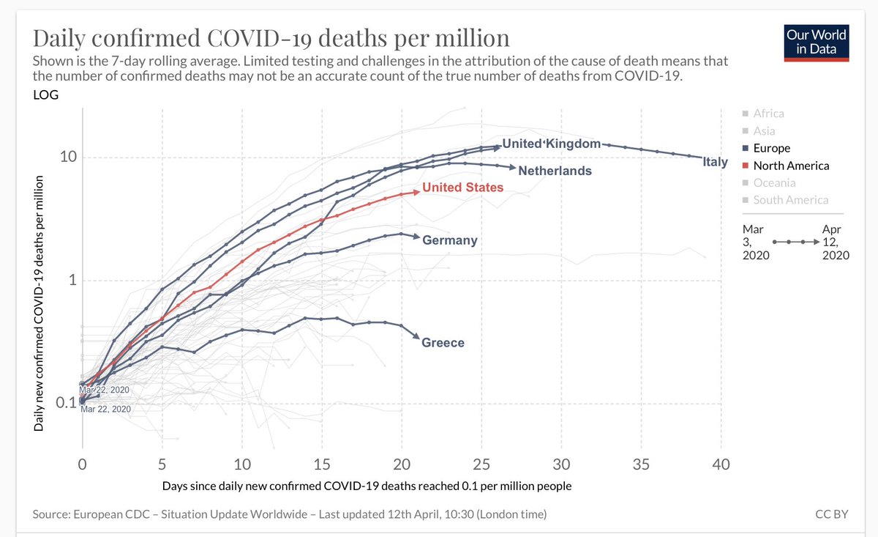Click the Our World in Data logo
(x=815, y=42)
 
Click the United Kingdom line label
(x=551, y=144)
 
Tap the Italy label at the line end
(x=715, y=162)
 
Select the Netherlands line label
(x=555, y=171)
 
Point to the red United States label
(x=463, y=188)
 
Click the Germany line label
(x=450, y=240)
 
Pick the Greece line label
(x=443, y=342)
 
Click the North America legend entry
(x=791, y=166)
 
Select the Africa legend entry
(x=768, y=114)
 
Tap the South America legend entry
(x=791, y=200)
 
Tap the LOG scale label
(x=45, y=95)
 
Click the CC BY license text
(x=832, y=515)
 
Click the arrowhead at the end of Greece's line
(x=416, y=338)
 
